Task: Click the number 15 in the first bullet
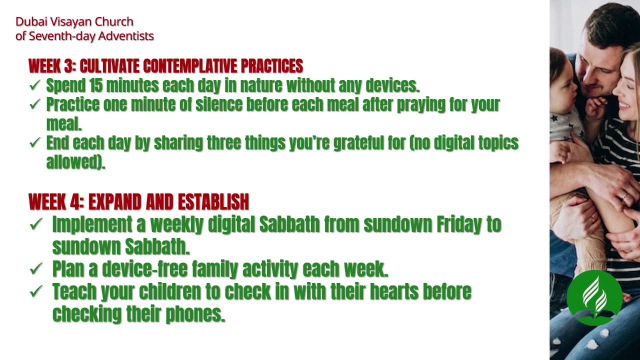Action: [95, 85]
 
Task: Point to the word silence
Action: [219, 104]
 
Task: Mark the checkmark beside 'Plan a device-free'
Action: [36, 269]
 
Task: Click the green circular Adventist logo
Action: [594, 297]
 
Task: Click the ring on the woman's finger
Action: [624, 196]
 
